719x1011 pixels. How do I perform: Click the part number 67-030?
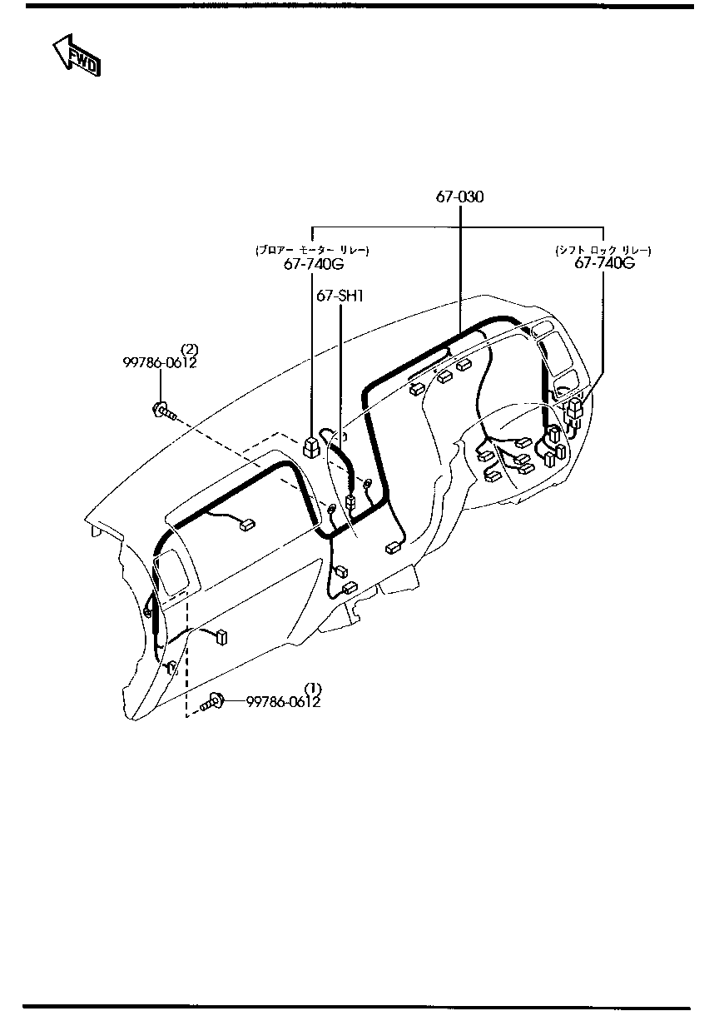coord(459,197)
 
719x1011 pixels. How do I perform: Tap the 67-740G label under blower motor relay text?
coord(312,264)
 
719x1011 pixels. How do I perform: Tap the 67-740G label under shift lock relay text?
coord(604,262)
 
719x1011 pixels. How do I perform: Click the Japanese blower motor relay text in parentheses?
coord(312,250)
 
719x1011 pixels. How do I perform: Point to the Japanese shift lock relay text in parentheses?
coord(603,249)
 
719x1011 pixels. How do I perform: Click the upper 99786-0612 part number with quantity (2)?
coord(160,362)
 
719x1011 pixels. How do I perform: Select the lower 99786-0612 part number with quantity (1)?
coord(283,702)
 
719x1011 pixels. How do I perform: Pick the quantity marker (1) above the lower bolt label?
coord(312,689)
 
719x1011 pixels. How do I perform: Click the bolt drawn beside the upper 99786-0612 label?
coord(162,409)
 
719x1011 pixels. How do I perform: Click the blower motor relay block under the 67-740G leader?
coord(310,448)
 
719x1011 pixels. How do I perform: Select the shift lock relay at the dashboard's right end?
coord(574,409)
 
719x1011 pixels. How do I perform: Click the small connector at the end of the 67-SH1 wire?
coord(350,502)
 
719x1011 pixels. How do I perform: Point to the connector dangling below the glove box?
coord(221,637)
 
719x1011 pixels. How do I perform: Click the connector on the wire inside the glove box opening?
coord(245,525)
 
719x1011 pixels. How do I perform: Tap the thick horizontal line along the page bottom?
coord(359,1007)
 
